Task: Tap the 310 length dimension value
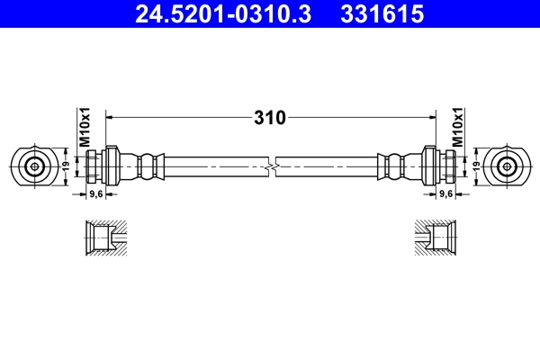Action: pos(270,117)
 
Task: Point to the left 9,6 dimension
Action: pos(94,193)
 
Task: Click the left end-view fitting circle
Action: pos(35,166)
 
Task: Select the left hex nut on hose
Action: pos(112,166)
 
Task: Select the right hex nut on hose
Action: pos(428,166)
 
